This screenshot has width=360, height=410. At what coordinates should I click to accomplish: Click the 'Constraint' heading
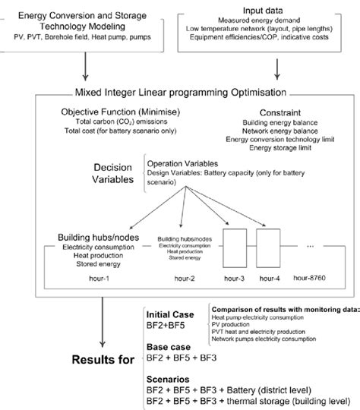tap(283, 112)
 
